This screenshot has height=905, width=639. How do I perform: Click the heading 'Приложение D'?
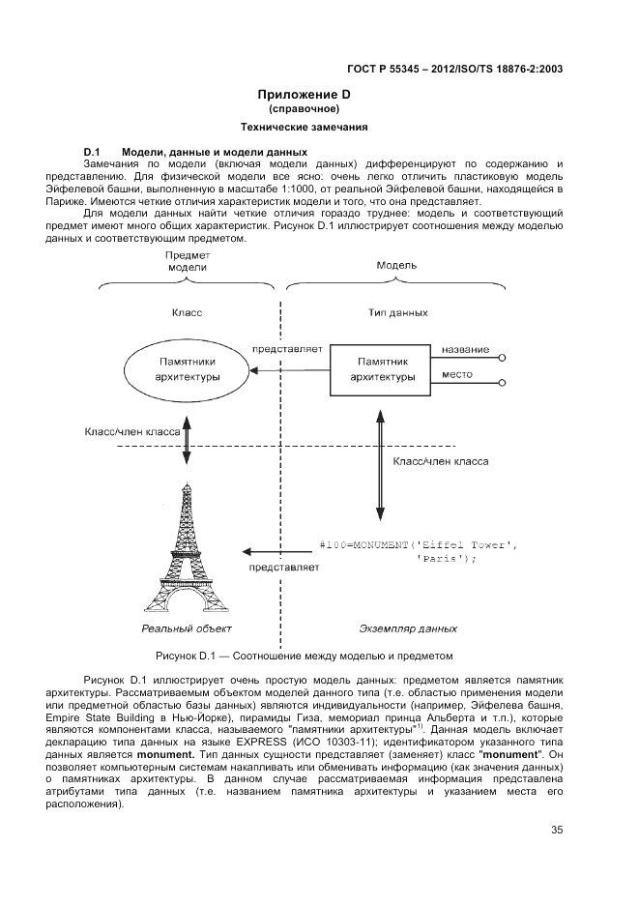coord(303,95)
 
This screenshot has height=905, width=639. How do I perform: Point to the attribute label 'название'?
coord(465,349)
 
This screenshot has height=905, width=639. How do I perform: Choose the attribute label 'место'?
coord(456,373)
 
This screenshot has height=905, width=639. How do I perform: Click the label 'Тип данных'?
coord(397,312)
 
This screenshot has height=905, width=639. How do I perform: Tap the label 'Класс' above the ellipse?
coord(186,312)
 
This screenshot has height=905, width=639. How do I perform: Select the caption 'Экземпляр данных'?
coord(408,628)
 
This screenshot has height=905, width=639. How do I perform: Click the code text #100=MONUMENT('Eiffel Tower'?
coord(418,546)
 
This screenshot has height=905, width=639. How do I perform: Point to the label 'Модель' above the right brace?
coord(396,264)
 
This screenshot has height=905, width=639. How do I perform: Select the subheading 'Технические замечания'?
coord(303,127)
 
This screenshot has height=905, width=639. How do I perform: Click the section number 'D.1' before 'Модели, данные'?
coord(94,152)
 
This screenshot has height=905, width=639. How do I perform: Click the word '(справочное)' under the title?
coord(303,109)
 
